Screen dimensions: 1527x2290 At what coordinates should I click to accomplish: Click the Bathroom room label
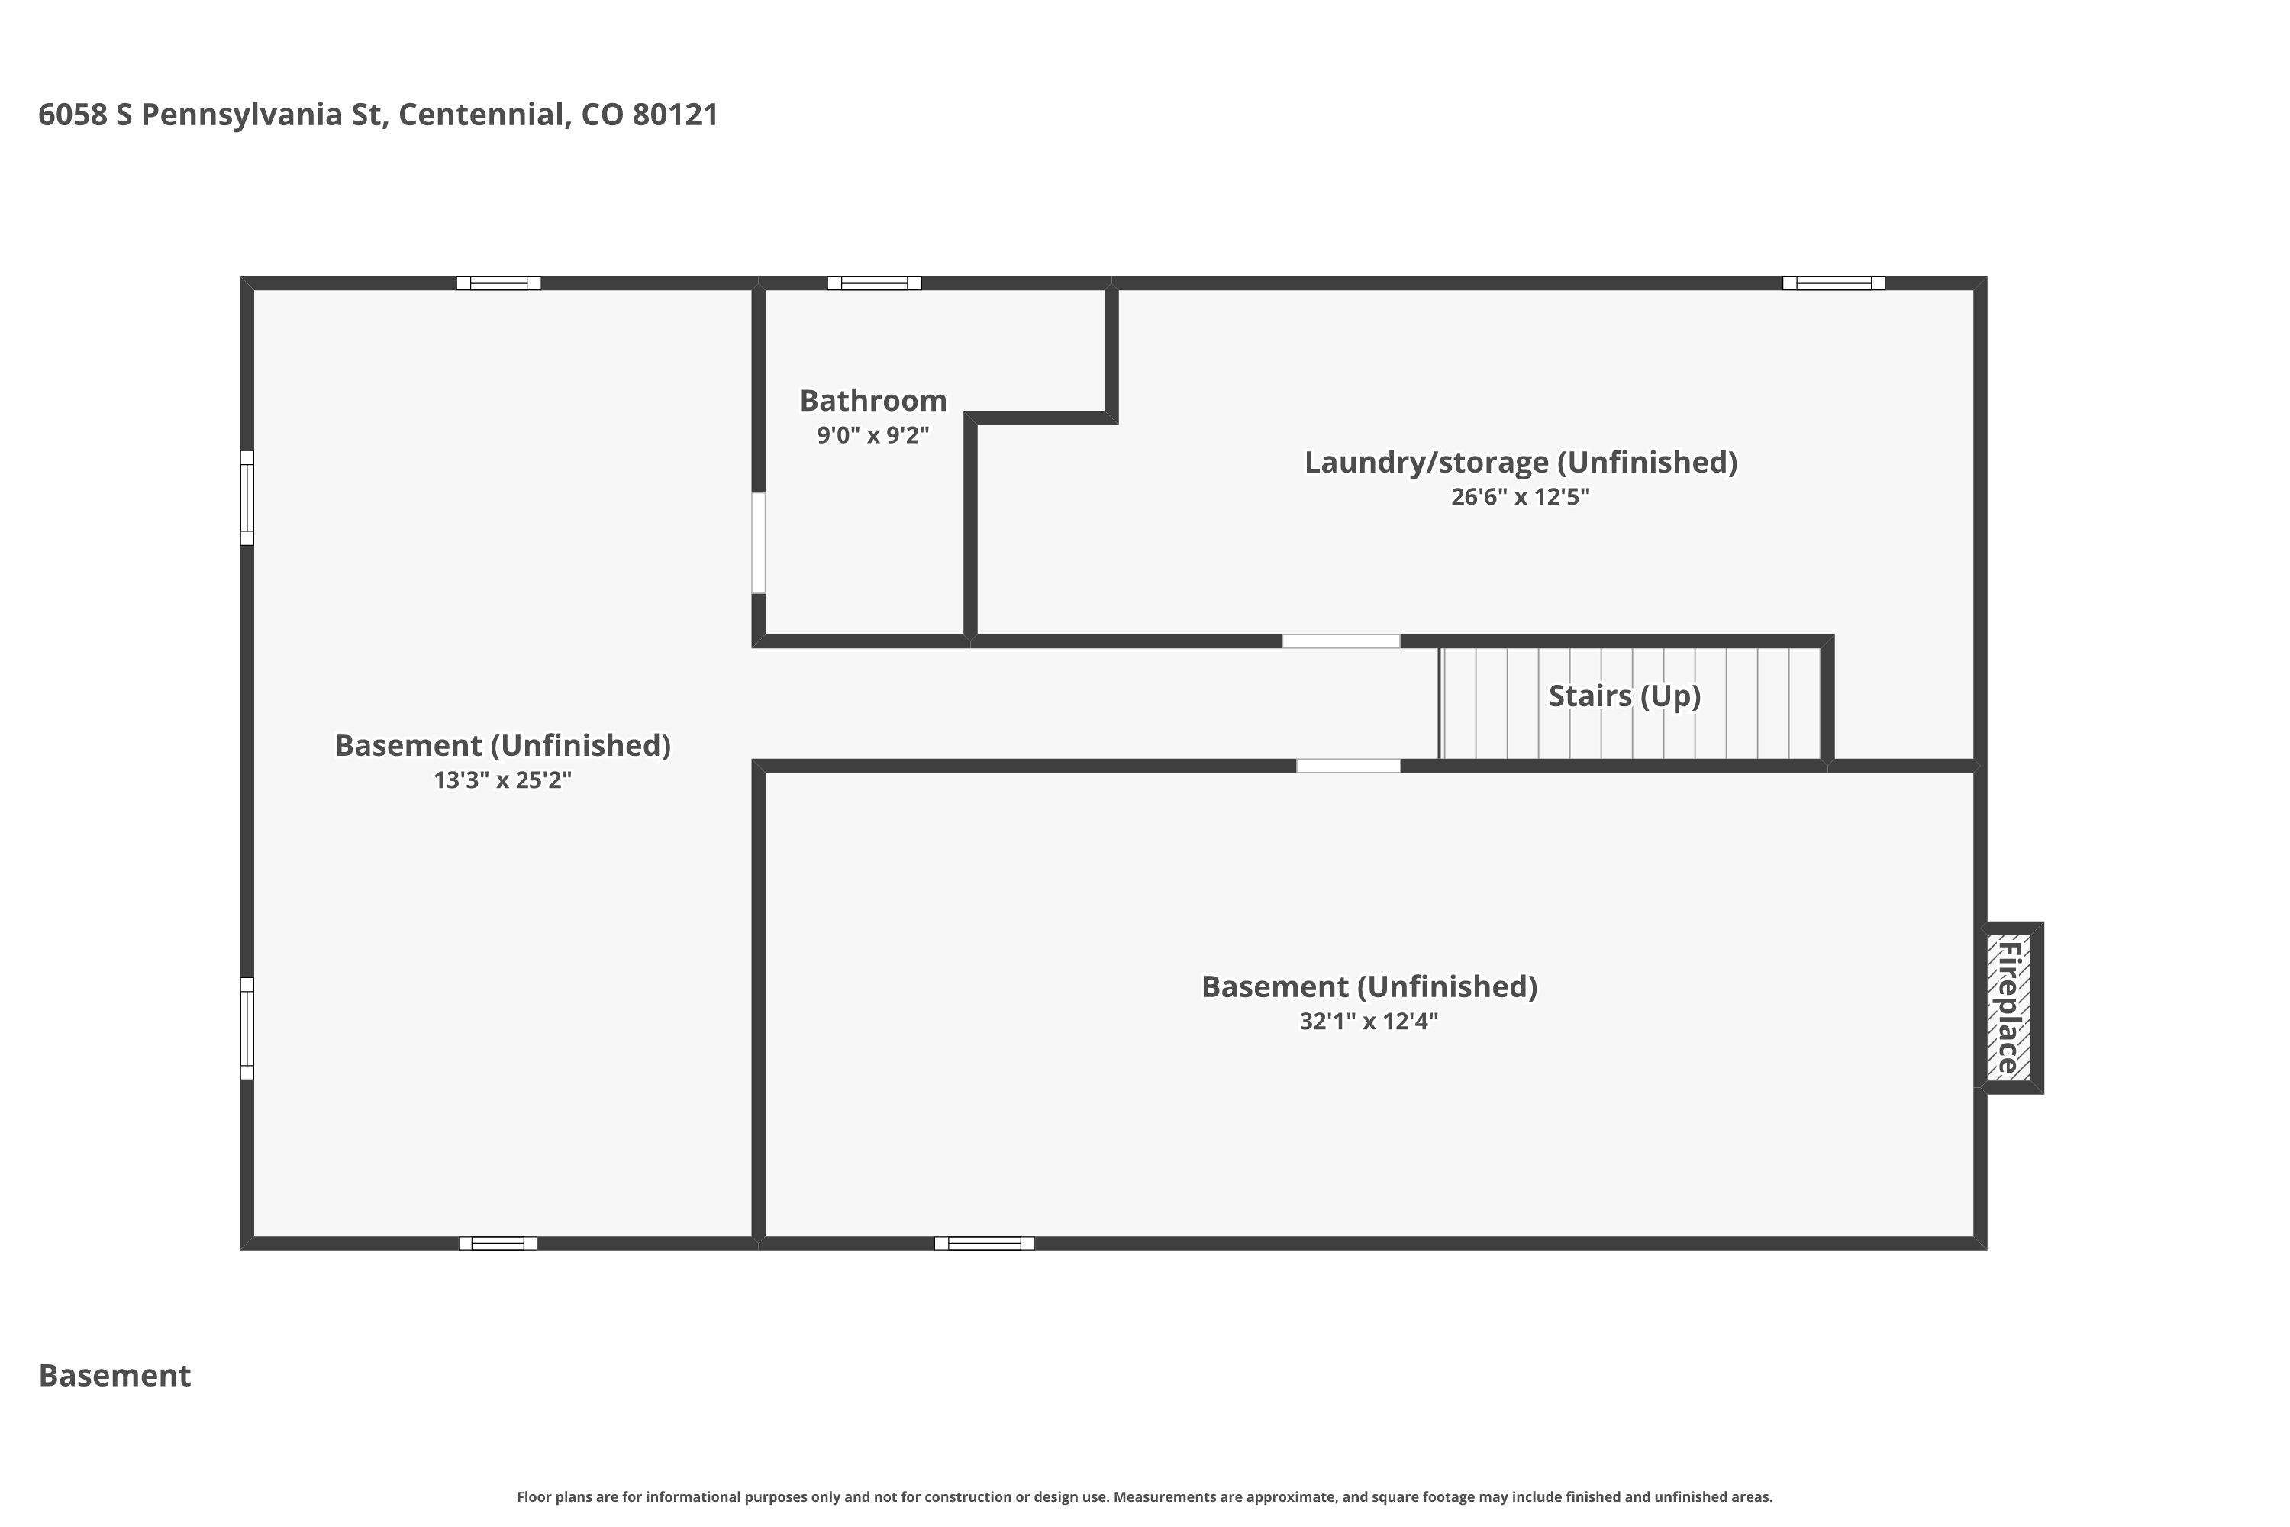tap(872, 400)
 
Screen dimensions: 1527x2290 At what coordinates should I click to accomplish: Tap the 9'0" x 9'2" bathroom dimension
tap(872, 435)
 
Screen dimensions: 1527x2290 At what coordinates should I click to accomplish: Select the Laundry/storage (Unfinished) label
tap(1520, 462)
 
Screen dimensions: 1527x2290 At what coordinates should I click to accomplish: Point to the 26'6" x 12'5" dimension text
tap(1520, 497)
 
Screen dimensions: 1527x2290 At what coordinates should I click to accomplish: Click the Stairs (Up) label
tap(1624, 696)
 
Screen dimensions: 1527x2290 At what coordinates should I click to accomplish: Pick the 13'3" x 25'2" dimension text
tap(502, 780)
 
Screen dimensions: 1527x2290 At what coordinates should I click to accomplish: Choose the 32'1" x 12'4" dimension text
tap(1368, 1022)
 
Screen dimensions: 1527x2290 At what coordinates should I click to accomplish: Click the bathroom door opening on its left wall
tap(759, 542)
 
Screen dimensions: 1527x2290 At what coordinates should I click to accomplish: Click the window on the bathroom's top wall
tap(874, 283)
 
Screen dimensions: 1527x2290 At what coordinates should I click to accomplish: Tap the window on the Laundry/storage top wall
tap(1834, 283)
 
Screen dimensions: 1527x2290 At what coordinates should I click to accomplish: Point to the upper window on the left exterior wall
tap(247, 498)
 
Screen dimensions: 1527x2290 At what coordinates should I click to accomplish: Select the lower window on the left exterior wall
tap(247, 1028)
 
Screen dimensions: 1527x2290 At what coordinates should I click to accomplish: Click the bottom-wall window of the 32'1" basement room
tap(985, 1243)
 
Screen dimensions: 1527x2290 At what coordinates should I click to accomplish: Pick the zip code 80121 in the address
tap(675, 115)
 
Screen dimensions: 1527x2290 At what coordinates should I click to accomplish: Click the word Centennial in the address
tap(480, 115)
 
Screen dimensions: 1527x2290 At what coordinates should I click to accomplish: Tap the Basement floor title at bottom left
tap(115, 1375)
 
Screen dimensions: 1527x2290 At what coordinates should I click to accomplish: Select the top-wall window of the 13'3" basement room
tap(498, 283)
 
